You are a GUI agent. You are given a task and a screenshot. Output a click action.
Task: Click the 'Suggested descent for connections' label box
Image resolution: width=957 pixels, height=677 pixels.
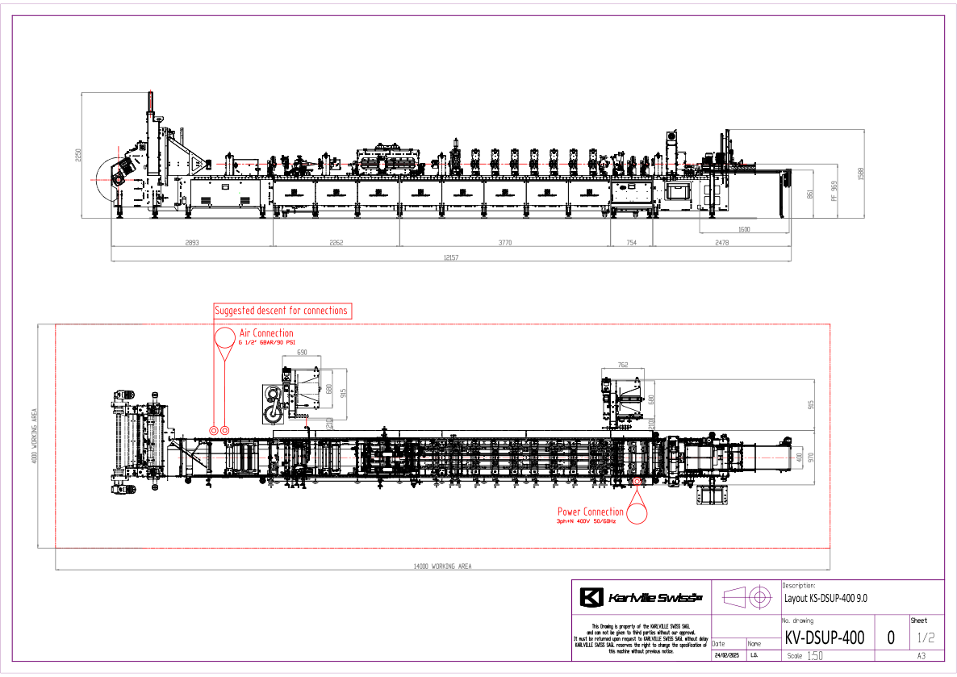[282, 311]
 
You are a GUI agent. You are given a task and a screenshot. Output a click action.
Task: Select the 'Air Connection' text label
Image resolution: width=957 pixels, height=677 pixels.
[266, 333]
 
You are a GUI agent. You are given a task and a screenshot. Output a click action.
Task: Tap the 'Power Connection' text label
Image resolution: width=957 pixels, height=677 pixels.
[590, 512]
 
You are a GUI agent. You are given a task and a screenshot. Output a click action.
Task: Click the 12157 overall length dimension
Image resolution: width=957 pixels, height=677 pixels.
[450, 257]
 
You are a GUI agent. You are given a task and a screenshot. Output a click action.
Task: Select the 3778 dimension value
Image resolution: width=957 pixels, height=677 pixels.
[505, 242]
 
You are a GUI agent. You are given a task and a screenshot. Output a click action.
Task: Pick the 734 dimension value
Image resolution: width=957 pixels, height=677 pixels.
[632, 242]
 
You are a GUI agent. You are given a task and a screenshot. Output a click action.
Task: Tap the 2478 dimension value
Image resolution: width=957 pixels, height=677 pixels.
[721, 242]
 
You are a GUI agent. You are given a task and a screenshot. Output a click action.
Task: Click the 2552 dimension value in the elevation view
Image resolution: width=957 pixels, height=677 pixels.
[336, 242]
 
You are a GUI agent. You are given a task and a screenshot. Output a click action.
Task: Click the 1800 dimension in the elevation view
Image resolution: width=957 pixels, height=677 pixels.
[744, 230]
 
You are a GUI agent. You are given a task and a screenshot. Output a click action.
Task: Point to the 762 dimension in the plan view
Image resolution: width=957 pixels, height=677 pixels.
[622, 366]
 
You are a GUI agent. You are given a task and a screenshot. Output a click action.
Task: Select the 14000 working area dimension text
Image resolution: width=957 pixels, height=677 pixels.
[442, 566]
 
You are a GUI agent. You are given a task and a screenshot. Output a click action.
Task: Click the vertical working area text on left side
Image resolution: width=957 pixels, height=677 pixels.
[35, 437]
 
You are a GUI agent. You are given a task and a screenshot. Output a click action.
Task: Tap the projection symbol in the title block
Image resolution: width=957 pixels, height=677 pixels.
[747, 598]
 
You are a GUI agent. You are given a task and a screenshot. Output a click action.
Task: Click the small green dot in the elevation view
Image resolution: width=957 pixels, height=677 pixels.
[240, 192]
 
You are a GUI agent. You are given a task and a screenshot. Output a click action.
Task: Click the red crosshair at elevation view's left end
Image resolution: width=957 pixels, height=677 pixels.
[119, 180]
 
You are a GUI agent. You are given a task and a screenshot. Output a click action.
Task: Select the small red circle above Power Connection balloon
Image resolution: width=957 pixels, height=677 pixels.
[637, 482]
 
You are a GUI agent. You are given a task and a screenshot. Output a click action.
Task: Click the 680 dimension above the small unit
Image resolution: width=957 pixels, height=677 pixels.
[302, 353]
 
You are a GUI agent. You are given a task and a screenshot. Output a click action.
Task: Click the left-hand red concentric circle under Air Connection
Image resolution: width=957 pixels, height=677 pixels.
[214, 431]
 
